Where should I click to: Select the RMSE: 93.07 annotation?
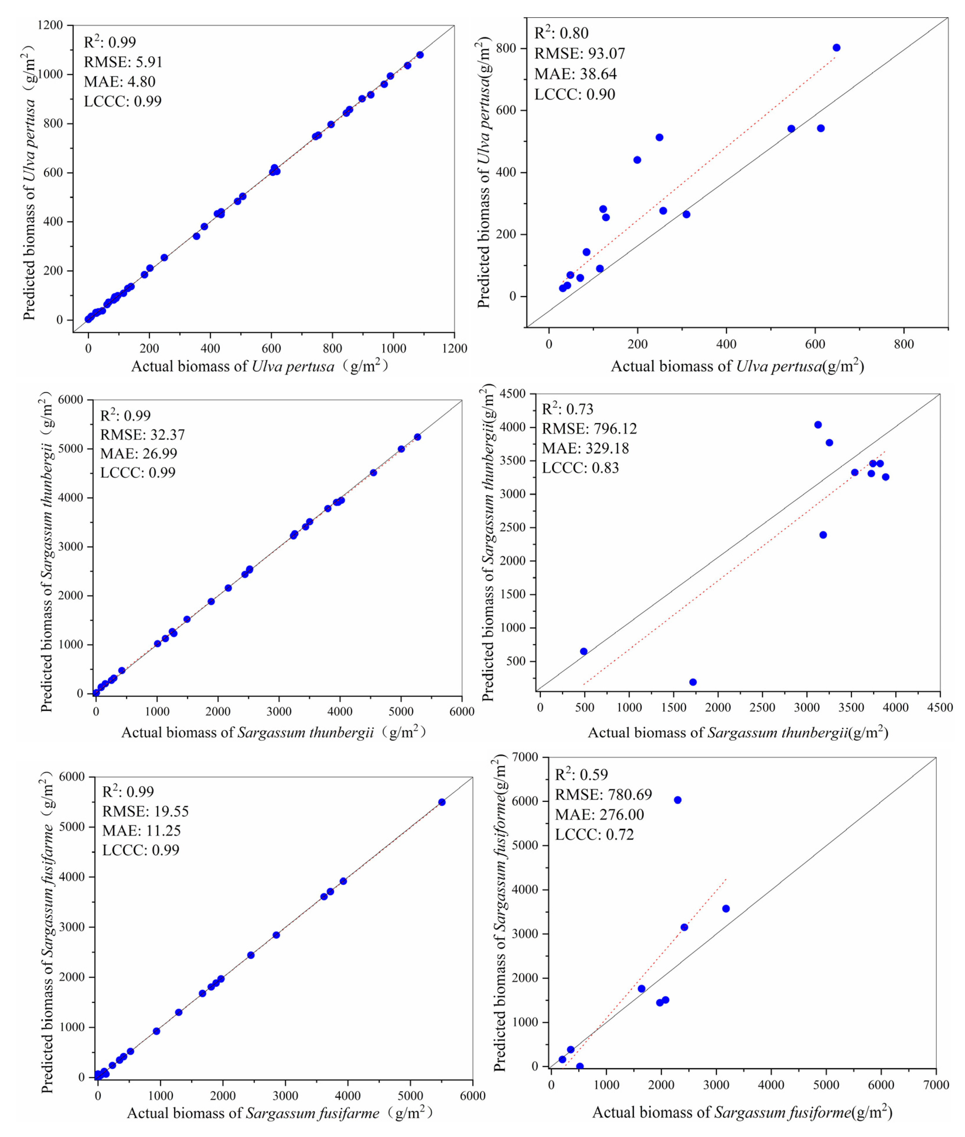pyautogui.click(x=579, y=54)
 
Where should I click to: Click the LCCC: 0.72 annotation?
pyautogui.click(x=594, y=834)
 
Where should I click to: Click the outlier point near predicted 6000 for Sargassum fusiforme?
pyautogui.click(x=677, y=800)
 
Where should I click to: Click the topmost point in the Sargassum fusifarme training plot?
pyautogui.click(x=441, y=802)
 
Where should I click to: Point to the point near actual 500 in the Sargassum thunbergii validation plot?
pyautogui.click(x=584, y=651)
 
